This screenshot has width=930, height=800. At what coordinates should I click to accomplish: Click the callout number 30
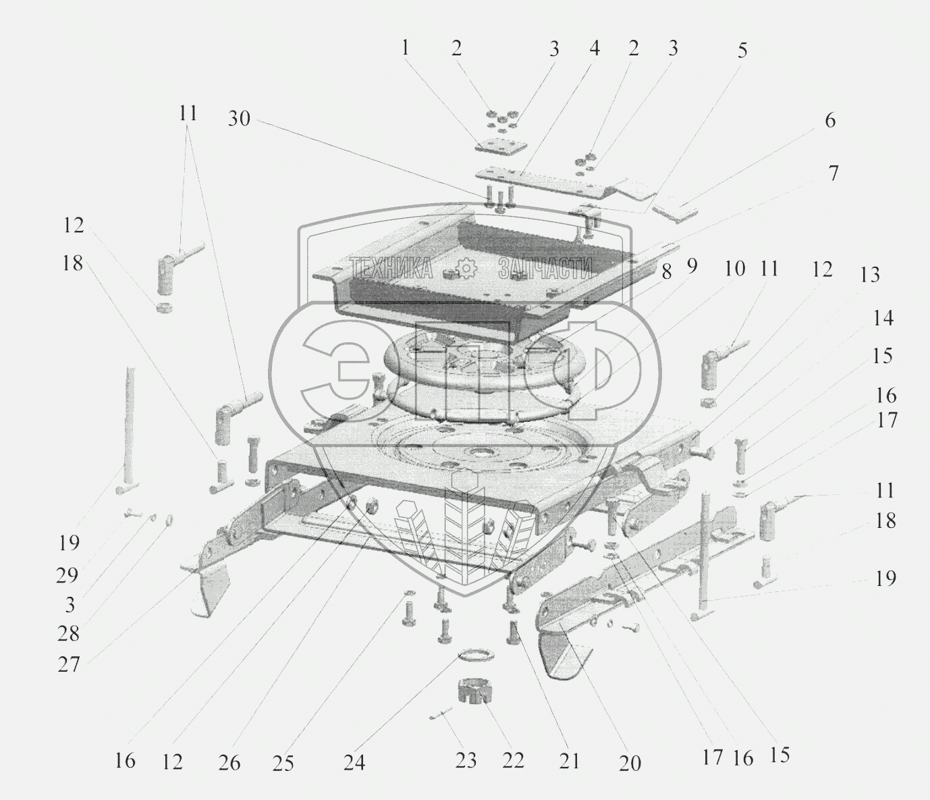click(239, 119)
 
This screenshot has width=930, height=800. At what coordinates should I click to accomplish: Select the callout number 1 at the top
click(405, 49)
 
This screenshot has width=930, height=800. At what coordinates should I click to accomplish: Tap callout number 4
click(595, 49)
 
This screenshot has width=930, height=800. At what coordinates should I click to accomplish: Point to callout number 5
click(742, 51)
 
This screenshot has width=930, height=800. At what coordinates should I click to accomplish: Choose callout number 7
click(833, 174)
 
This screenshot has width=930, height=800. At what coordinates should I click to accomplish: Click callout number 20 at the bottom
click(629, 763)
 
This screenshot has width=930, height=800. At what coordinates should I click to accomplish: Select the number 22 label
click(513, 760)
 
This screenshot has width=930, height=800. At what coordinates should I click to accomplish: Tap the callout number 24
click(354, 762)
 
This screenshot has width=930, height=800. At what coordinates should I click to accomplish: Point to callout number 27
click(69, 665)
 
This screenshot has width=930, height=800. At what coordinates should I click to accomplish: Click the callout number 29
click(67, 575)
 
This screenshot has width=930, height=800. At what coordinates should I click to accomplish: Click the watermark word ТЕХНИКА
click(391, 269)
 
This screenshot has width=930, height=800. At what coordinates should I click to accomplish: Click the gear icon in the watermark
click(466, 269)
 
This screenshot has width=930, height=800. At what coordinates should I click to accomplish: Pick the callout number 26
click(229, 762)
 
